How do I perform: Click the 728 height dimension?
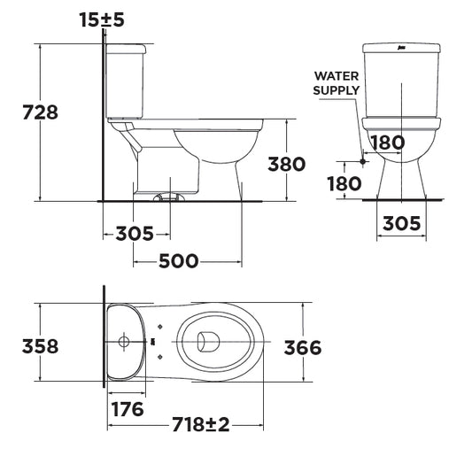point(41,112)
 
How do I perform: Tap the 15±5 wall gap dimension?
point(102,19)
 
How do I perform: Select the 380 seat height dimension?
point(287,165)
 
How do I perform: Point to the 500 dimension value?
point(179,261)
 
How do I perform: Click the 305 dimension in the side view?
point(135,234)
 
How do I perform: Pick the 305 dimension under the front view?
point(401,223)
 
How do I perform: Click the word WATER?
point(337,76)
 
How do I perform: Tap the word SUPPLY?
point(337,90)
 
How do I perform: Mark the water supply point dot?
point(363,161)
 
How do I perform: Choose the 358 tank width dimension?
point(41,346)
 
